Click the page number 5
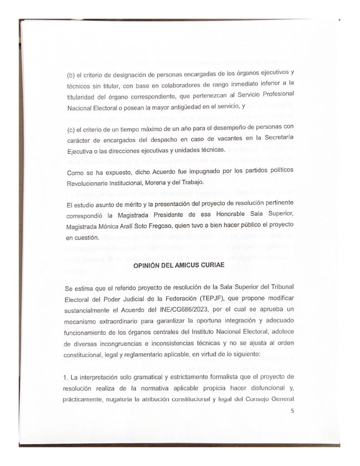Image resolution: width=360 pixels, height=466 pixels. coord(293,411)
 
